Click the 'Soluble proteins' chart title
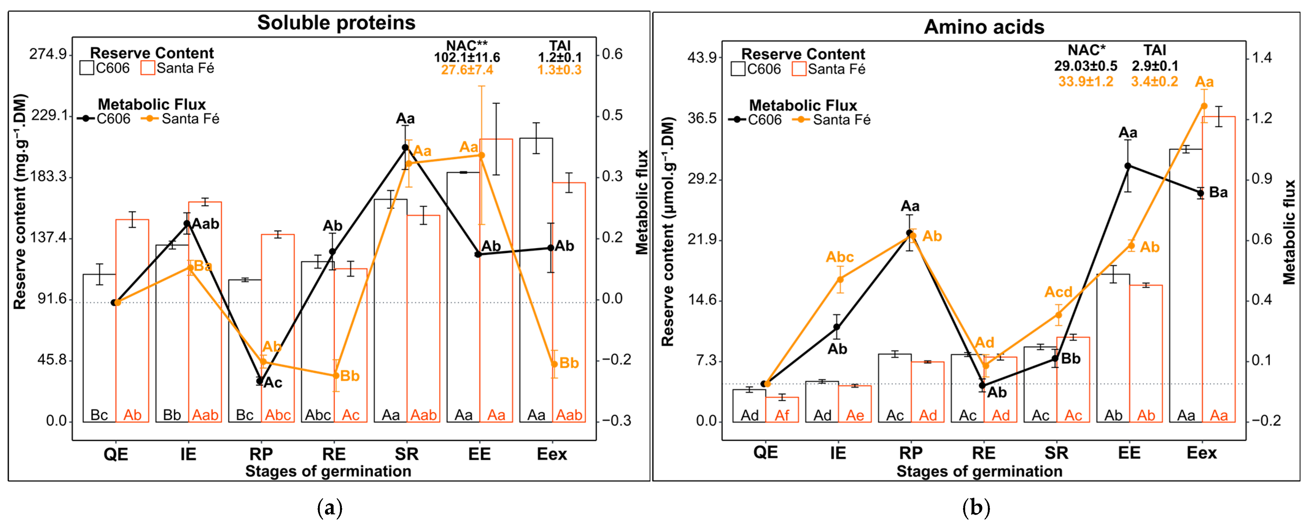(336, 23)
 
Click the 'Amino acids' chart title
(984, 27)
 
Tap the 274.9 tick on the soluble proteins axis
(49, 54)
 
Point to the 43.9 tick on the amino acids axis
(702, 57)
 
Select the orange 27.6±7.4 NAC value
(467, 70)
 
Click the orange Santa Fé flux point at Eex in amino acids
(1204, 106)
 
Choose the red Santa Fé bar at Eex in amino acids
(1218, 269)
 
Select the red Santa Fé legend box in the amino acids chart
(799, 69)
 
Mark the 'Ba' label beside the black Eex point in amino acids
(1218, 193)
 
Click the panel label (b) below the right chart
(976, 508)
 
